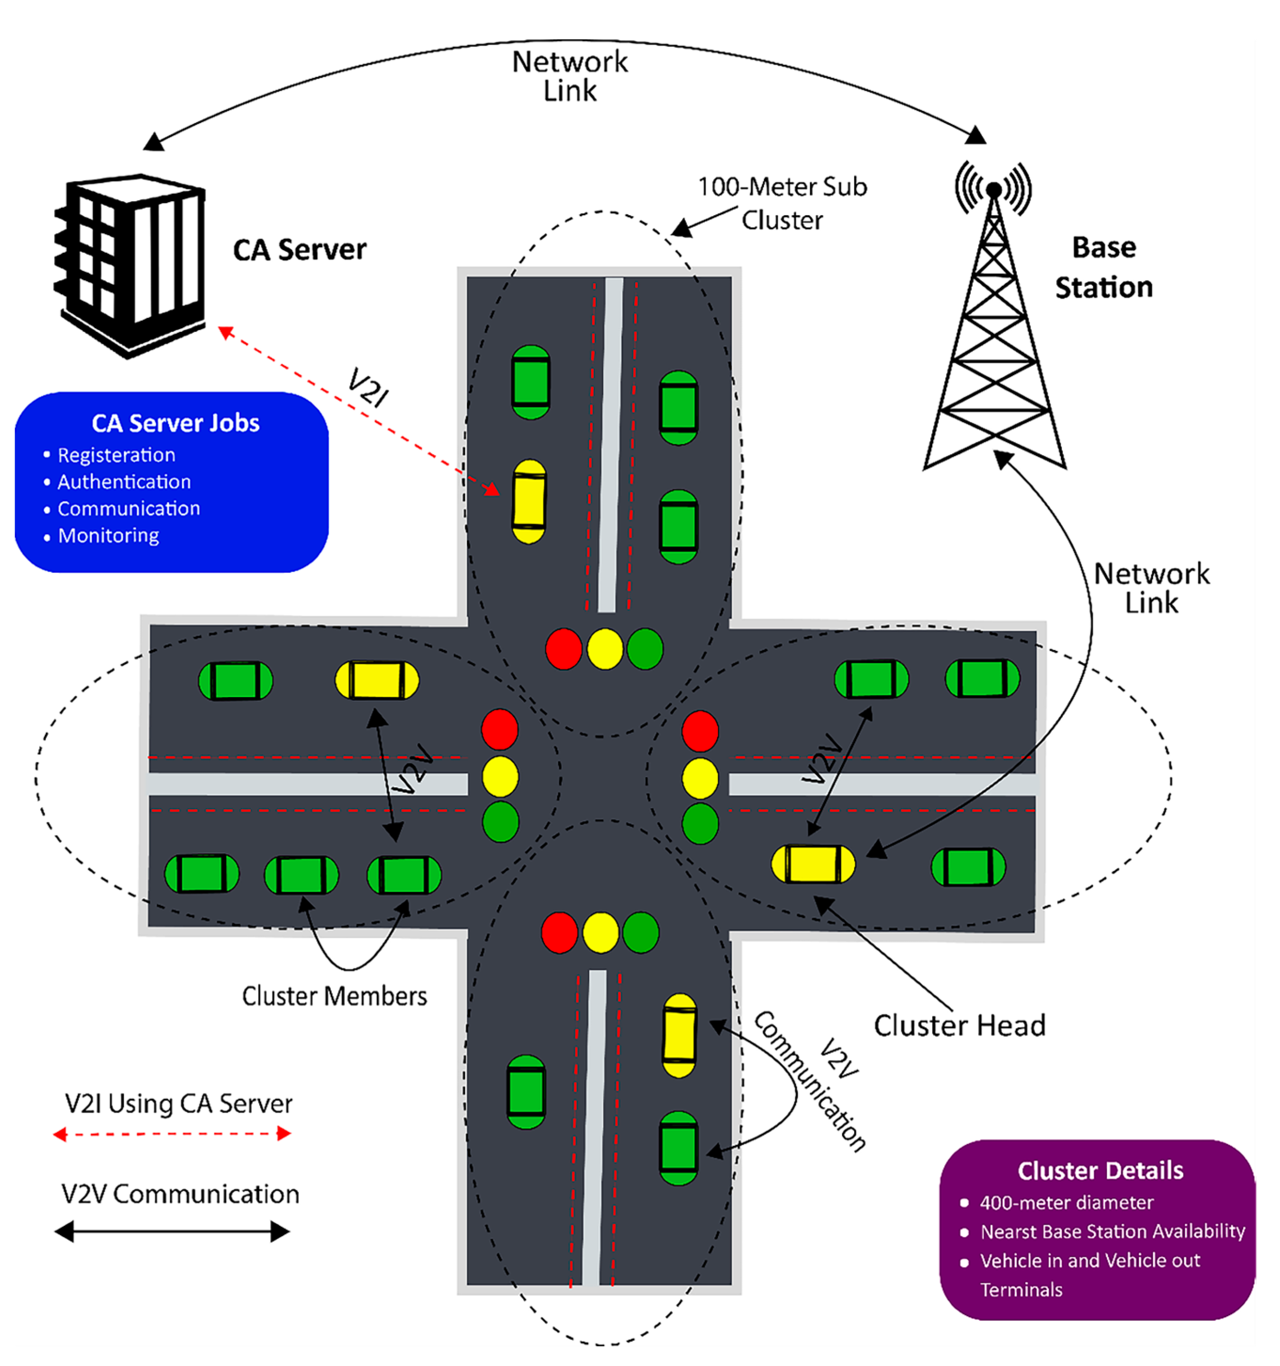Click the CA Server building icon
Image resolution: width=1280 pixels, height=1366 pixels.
click(131, 265)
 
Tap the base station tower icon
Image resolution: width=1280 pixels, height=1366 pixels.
click(994, 323)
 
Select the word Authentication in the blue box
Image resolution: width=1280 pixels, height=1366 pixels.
click(124, 482)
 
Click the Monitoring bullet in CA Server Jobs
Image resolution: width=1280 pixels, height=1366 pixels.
click(108, 535)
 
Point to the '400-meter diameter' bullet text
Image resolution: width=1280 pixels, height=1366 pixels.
click(1066, 1202)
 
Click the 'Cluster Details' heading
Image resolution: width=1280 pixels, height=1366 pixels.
click(1100, 1170)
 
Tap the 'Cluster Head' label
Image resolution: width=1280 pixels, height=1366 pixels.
click(959, 1025)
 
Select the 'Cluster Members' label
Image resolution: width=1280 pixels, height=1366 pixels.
click(334, 996)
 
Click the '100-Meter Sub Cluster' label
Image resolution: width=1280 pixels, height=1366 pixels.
click(782, 204)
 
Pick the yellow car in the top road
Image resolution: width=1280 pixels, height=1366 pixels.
click(529, 502)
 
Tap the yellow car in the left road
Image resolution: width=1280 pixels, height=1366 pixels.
click(376, 680)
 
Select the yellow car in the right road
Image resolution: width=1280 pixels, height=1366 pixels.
click(813, 864)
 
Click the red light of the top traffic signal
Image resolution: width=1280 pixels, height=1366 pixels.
click(563, 649)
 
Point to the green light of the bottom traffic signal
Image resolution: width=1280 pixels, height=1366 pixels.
click(641, 933)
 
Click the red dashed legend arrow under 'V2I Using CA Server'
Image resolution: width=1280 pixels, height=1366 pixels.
click(172, 1134)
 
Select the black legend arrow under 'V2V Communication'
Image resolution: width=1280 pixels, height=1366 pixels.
click(172, 1231)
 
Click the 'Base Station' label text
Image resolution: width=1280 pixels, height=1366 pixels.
click(1103, 267)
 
